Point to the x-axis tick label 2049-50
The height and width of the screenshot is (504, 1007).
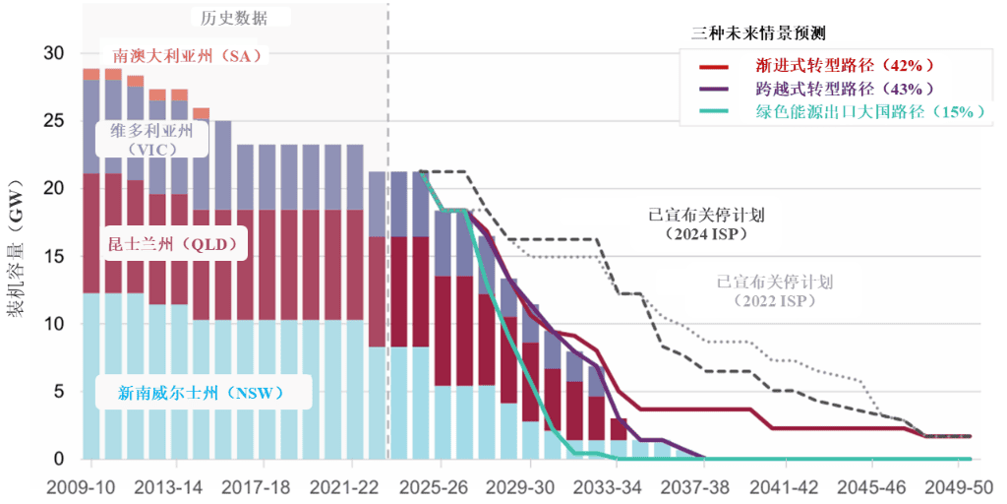click(x=965, y=487)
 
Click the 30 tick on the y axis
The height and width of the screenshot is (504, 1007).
click(x=58, y=53)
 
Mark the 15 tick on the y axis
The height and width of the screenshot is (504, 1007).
click(x=58, y=257)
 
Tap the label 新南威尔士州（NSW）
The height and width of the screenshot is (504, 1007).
click(x=201, y=393)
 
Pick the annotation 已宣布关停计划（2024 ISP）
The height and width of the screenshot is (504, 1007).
click(x=706, y=223)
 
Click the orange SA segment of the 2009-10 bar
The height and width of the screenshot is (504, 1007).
click(x=90, y=75)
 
